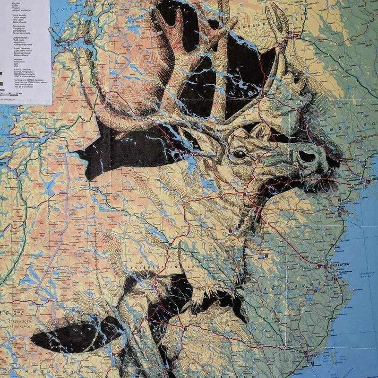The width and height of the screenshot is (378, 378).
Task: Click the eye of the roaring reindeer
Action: [x=240, y=154]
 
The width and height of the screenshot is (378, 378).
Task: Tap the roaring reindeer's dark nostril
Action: [x=306, y=156]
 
